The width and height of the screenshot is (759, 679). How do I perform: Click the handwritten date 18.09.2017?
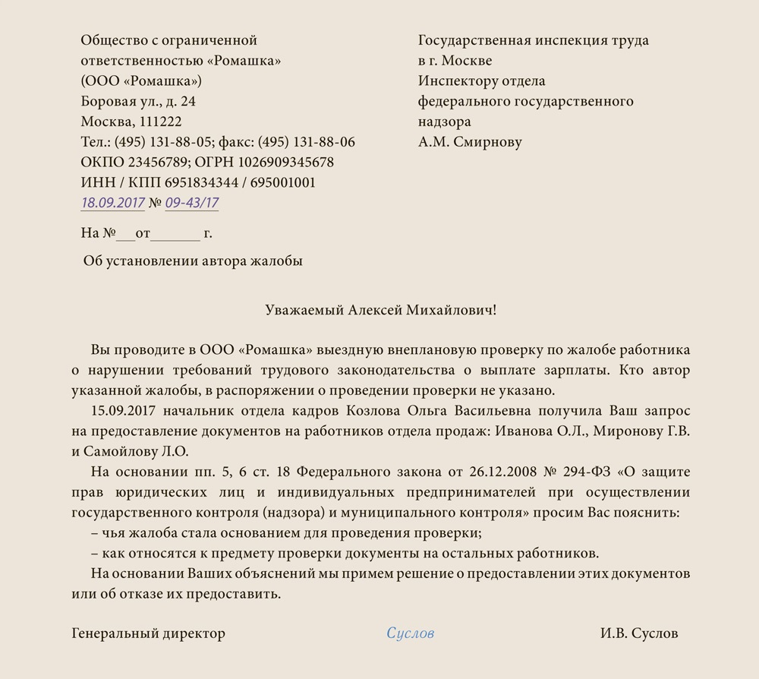coord(112,203)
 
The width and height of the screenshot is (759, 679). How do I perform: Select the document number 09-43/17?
coord(191,203)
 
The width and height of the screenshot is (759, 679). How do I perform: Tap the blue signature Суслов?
coord(410,633)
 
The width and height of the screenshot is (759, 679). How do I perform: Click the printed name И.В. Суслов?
coord(639,633)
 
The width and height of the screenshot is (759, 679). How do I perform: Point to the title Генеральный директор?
coord(149,633)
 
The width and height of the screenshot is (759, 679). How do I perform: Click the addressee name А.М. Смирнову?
coord(470,142)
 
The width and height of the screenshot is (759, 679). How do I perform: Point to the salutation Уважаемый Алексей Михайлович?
coord(380,310)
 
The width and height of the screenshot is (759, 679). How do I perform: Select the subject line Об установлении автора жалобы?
coord(193,261)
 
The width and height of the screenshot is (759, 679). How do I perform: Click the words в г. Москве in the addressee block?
coord(455,61)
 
